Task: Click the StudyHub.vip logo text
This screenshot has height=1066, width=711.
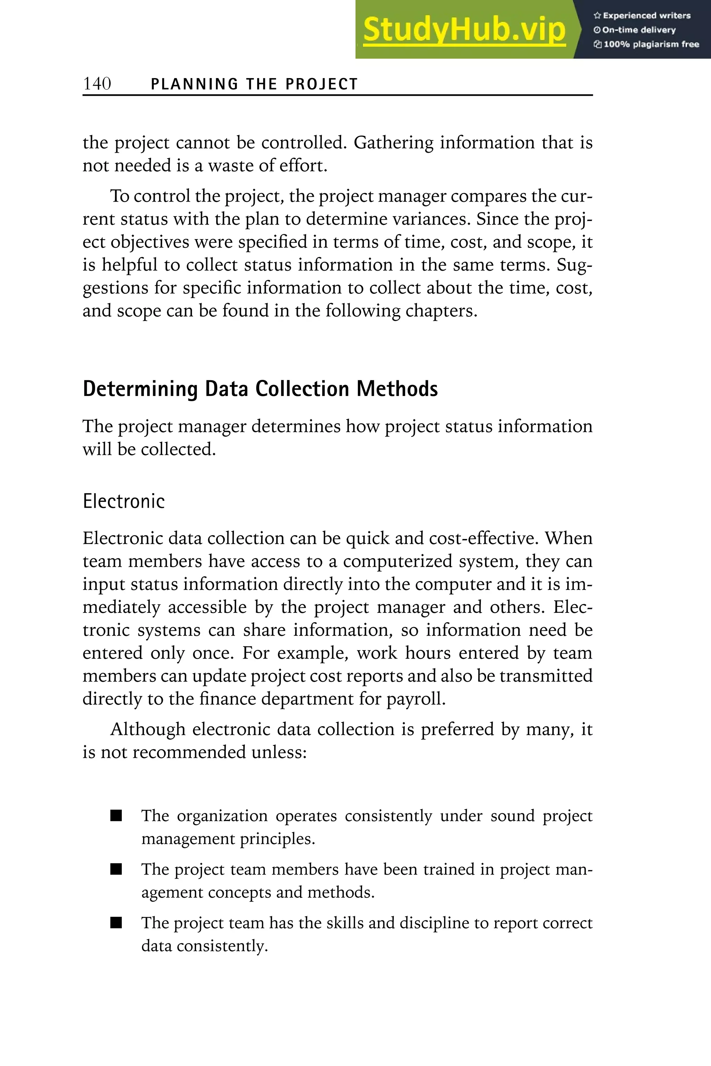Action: tap(464, 30)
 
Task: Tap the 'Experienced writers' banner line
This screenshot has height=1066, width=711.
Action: tap(642, 15)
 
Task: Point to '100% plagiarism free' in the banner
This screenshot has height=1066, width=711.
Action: tap(647, 44)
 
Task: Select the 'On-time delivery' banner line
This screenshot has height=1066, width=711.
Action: tap(635, 30)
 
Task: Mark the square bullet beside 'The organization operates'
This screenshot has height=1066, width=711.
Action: tap(116, 816)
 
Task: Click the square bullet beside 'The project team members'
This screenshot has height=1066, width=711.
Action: tap(116, 869)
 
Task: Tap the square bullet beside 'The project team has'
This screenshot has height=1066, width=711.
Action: tap(116, 923)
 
